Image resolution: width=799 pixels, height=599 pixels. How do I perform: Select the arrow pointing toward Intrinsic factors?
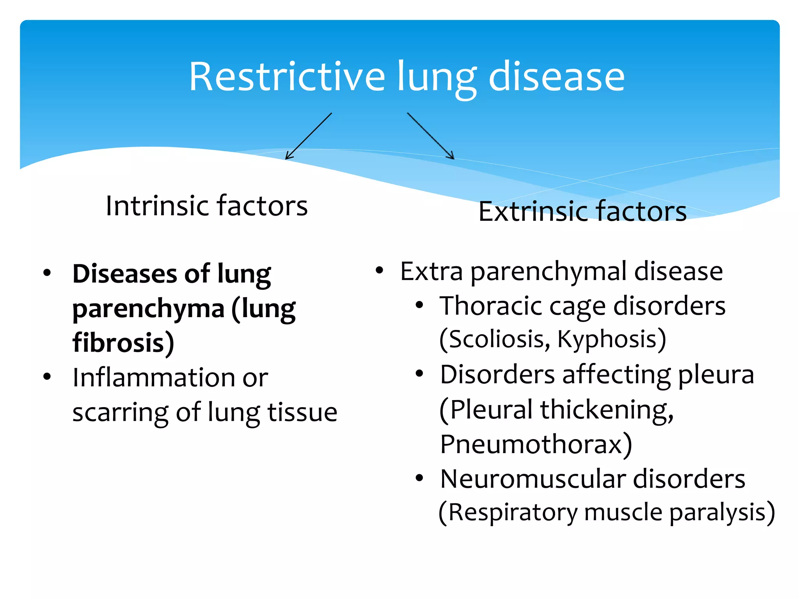(309, 136)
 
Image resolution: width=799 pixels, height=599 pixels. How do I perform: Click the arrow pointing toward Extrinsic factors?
(431, 136)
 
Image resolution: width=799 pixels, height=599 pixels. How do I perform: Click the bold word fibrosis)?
(123, 343)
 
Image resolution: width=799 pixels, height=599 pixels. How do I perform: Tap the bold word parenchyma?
(148, 308)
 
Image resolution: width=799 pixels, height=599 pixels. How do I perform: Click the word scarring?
(120, 413)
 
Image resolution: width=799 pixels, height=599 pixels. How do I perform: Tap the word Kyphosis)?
(611, 339)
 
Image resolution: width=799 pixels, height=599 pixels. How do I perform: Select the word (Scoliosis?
(495, 339)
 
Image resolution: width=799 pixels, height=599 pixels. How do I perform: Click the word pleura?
(716, 375)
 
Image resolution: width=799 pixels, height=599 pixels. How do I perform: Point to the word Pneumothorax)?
(536, 444)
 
